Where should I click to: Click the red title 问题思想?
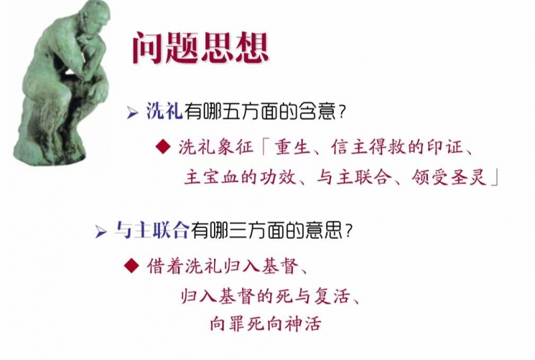coord(200,48)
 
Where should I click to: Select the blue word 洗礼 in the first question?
coord(165,111)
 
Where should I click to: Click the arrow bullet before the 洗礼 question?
coord(132,112)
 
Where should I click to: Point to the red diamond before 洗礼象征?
coord(163,147)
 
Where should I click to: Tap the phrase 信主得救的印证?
coord(397,147)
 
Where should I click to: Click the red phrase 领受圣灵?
coord(448,177)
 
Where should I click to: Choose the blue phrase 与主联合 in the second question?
coord(152,230)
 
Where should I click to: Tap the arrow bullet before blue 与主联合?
coord(101,232)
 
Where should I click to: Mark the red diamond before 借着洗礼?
coord(131,266)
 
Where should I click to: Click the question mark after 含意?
coord(342,112)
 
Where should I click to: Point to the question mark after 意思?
coord(348,231)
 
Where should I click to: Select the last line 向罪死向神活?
coord(265,323)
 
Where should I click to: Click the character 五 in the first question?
coord(231,111)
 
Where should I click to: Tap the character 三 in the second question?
coord(237,230)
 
